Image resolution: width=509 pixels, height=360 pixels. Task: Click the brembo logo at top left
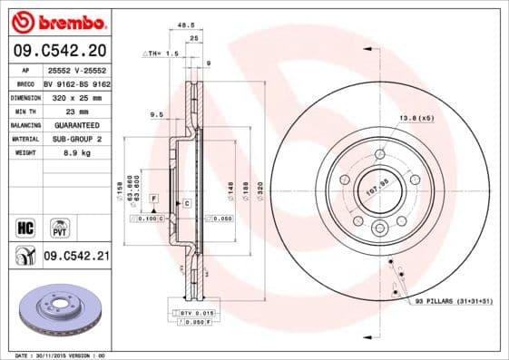coord(56,20)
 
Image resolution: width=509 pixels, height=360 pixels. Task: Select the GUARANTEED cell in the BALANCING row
coord(70,124)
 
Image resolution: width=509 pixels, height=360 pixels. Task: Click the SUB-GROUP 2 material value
coord(70,139)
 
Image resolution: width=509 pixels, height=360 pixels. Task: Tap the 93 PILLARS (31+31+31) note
coord(451,301)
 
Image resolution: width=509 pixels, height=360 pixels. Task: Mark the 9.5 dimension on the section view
coord(155,116)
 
